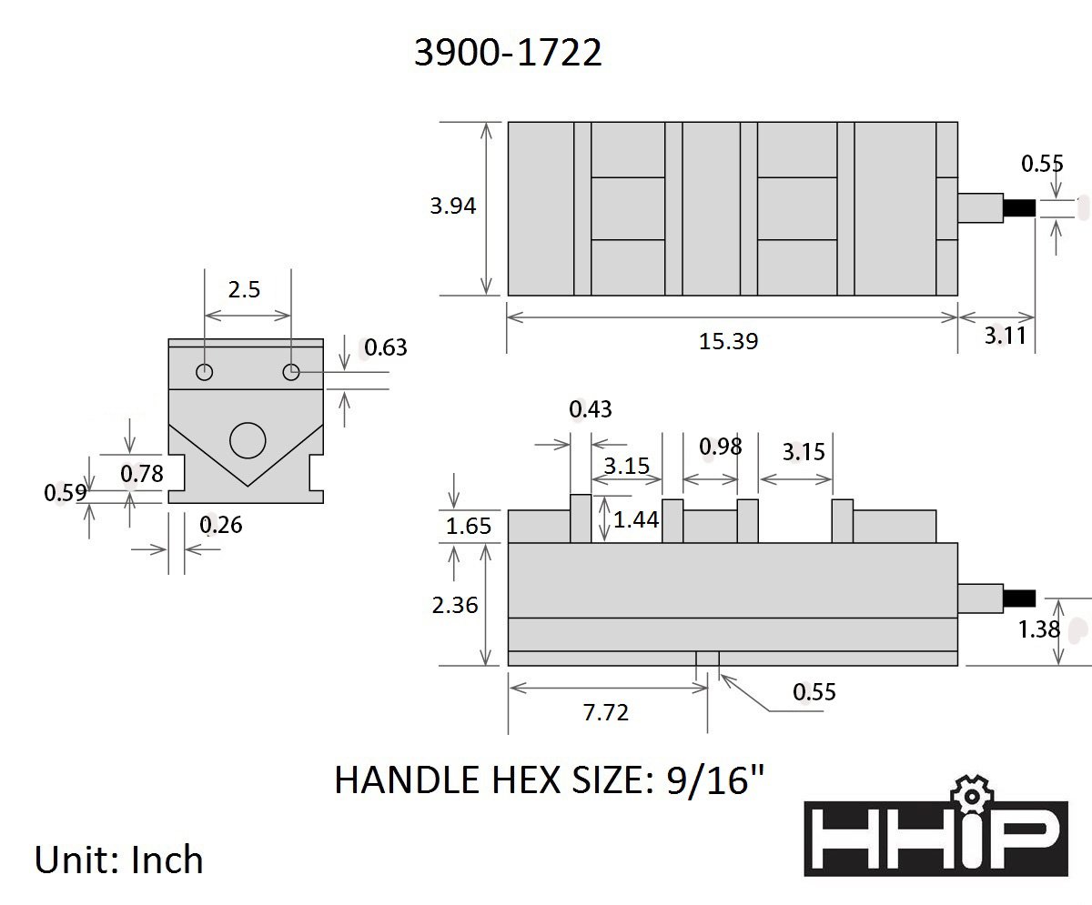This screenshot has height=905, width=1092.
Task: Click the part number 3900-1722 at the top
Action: [508, 54]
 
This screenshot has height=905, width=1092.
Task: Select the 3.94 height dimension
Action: [453, 206]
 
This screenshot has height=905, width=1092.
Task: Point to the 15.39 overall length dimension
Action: [728, 341]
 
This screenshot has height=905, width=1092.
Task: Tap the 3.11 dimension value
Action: [1005, 336]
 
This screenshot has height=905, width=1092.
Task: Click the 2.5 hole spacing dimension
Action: [244, 289]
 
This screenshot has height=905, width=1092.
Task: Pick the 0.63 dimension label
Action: [385, 347]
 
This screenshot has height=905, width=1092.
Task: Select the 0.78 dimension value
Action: [141, 473]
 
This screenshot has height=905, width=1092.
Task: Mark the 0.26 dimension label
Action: [221, 525]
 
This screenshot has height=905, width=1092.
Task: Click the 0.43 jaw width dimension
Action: [591, 410]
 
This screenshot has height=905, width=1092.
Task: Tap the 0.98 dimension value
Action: [720, 447]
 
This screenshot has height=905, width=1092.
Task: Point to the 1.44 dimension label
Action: [636, 519]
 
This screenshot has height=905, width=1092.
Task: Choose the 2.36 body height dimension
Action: [455, 604]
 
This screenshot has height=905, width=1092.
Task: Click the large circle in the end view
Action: [248, 441]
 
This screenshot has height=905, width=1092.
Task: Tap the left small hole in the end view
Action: [204, 372]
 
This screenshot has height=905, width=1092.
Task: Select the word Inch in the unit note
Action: [167, 860]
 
